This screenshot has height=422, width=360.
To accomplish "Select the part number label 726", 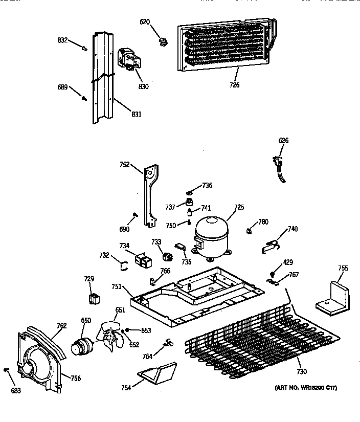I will [x=234, y=85].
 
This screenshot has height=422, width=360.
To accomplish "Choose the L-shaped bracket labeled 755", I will [x=333, y=297].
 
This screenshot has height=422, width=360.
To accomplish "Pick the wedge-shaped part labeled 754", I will [x=157, y=372].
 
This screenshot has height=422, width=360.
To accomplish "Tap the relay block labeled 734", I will [x=143, y=260].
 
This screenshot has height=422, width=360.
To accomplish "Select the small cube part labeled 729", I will [x=94, y=298].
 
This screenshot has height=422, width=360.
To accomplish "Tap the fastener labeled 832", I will [x=84, y=49].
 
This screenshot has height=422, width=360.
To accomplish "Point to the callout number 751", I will [x=117, y=287].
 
